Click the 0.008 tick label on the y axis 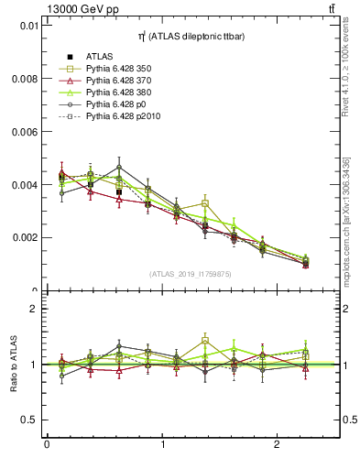point(25,79)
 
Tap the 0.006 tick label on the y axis point(25,132)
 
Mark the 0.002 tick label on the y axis point(25,237)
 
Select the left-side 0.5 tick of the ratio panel point(29,420)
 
